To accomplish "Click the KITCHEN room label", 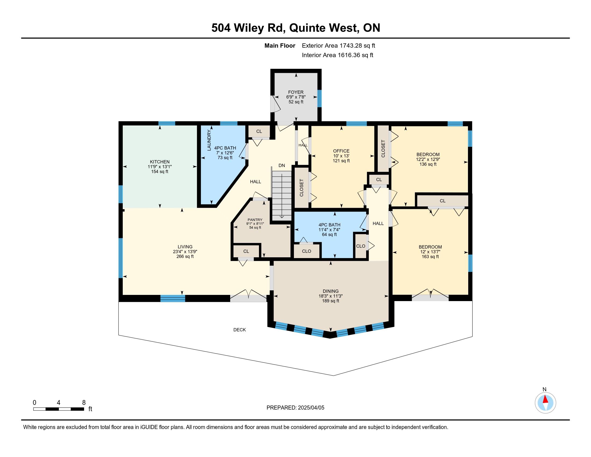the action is (160, 162).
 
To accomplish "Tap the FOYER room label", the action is (296, 92).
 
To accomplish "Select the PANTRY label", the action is (255, 220).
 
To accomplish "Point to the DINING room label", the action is (330, 291).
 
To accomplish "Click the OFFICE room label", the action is (341, 151).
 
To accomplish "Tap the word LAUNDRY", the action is (209, 140).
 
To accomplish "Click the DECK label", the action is (239, 330).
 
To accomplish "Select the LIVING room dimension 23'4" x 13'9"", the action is (185, 252).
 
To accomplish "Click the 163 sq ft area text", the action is (430, 257).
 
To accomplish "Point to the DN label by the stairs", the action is (282, 165).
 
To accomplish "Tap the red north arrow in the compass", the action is (546, 399).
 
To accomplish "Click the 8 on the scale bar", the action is (84, 403).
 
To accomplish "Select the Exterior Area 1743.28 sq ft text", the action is (338, 46).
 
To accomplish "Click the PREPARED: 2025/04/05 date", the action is (295, 408).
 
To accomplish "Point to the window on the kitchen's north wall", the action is (167, 123).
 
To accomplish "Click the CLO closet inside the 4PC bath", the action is (307, 251).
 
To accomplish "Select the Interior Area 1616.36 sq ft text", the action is (337, 55).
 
